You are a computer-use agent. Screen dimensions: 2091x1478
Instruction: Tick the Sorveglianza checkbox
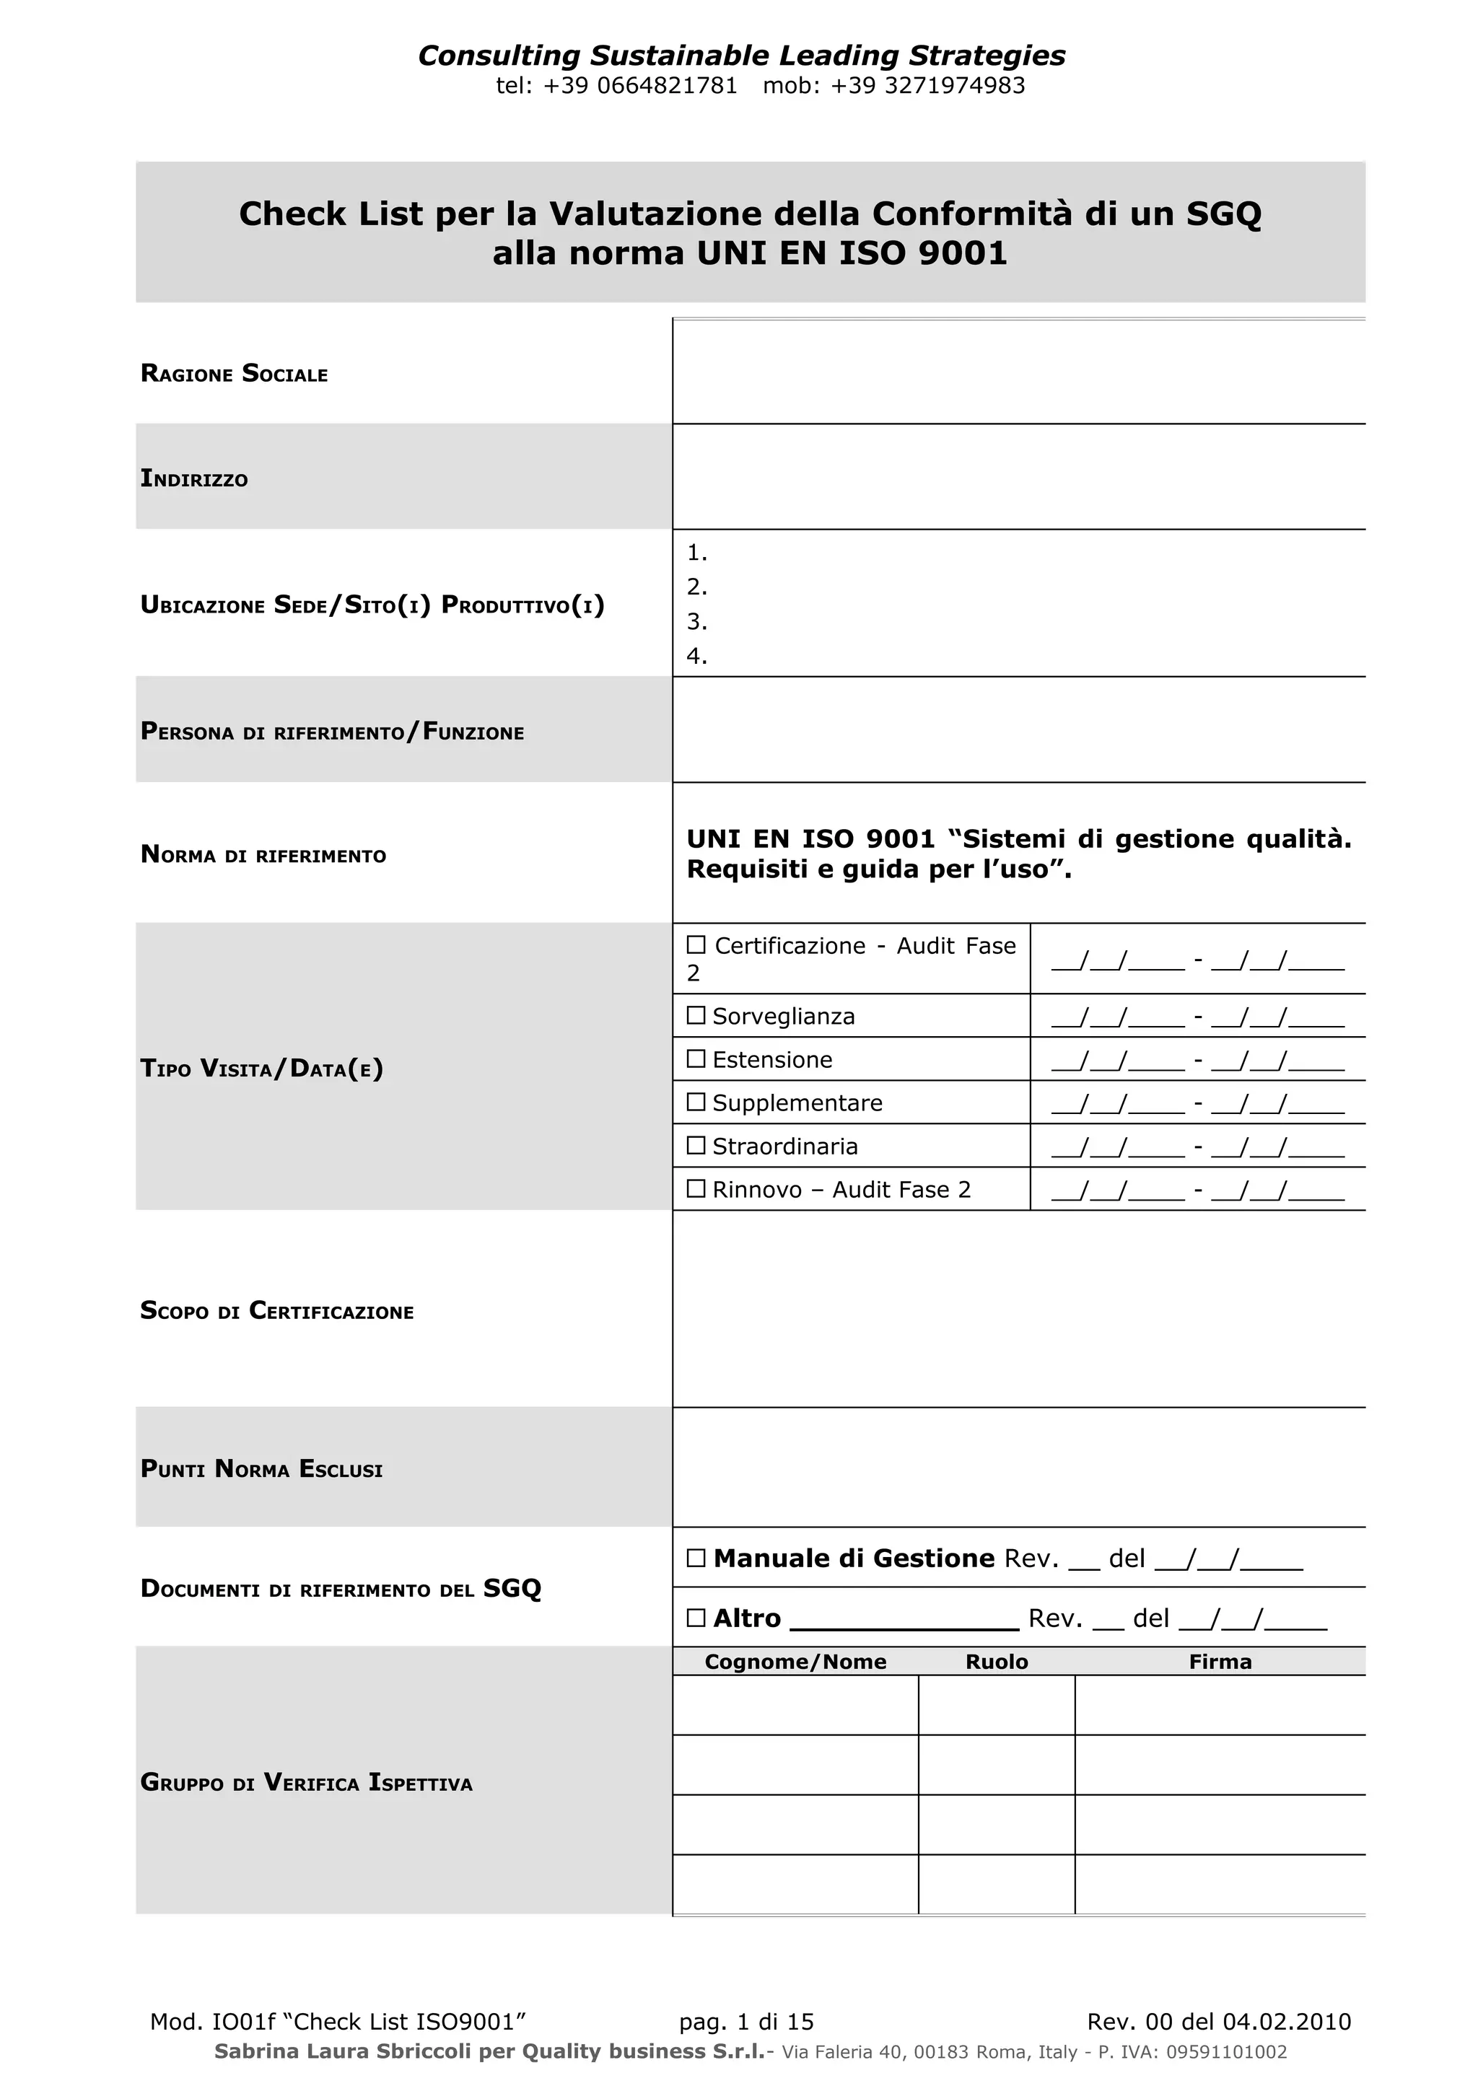(696, 1015)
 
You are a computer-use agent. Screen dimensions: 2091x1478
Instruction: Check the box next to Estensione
(696, 1058)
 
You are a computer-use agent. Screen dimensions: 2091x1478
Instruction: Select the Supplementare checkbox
(696, 1102)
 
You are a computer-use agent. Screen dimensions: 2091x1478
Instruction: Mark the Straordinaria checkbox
(696, 1145)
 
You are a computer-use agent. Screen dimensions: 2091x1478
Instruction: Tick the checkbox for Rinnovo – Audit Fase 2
(696, 1188)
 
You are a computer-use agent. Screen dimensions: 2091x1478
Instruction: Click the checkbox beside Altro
(696, 1618)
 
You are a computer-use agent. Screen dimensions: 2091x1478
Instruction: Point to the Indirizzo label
(194, 479)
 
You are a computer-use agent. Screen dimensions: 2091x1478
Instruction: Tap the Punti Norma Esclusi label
(261, 1469)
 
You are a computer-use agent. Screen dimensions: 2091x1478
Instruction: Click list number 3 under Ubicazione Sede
(696, 622)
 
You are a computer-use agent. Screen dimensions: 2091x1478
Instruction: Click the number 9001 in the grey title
(963, 253)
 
